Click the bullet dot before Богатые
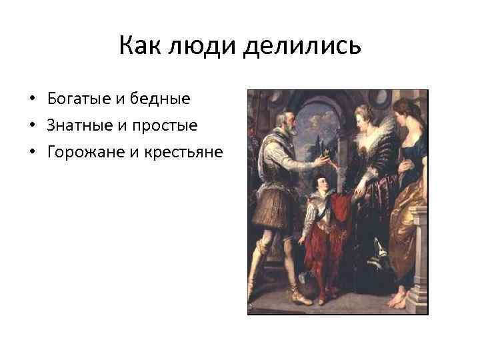pos(32,99)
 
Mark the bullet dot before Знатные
pos(32,126)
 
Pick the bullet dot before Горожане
pos(32,153)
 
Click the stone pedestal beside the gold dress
pos(416,260)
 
